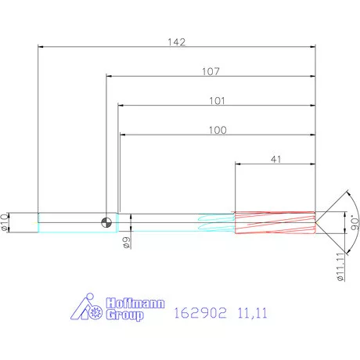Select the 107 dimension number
211,71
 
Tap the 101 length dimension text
217,100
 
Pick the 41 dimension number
275,159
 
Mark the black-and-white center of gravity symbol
106,222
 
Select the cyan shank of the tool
70,222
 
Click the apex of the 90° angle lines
318,222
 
